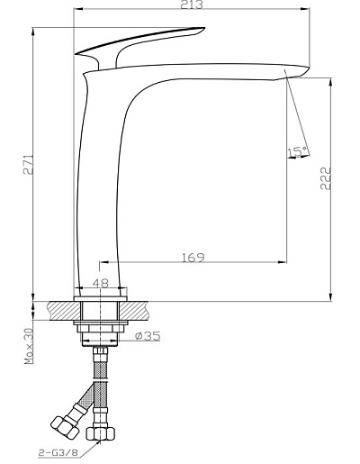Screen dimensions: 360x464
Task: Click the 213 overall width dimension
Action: (192, 5)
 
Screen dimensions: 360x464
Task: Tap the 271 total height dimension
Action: (29, 165)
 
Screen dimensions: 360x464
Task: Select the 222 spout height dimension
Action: (326, 178)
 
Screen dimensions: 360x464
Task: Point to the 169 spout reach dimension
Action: (193, 257)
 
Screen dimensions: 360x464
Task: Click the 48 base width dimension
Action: (101, 283)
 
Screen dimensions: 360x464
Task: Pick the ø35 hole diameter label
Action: (148, 336)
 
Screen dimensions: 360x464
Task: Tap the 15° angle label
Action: (298, 152)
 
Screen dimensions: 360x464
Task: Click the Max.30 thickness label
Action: (29, 346)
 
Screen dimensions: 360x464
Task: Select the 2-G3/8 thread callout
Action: (58, 452)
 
